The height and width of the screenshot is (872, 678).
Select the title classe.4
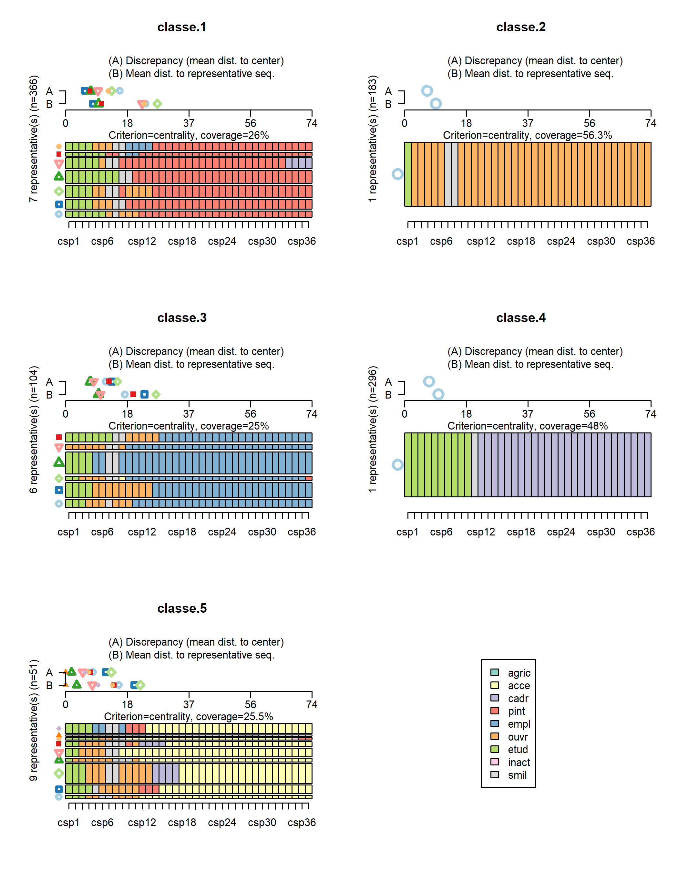point(520,318)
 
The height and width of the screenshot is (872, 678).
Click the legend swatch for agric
point(495,672)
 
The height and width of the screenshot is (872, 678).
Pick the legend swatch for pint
point(495,711)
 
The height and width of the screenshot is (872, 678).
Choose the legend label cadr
point(518,698)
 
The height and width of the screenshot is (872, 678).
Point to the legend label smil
point(517,775)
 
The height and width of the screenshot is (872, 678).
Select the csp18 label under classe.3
point(182,532)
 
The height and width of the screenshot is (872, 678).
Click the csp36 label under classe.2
point(641,241)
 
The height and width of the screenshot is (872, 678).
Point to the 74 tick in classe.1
point(312,123)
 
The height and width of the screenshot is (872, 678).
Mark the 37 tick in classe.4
point(528,414)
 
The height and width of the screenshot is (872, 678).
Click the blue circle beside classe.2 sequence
point(397,174)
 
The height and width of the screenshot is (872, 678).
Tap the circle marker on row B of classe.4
point(438,394)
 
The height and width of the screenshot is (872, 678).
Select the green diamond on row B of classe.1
point(157,104)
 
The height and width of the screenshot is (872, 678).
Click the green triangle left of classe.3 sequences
point(59,462)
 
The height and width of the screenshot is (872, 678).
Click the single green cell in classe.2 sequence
point(408,174)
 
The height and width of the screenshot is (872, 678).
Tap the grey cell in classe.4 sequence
point(475,465)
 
